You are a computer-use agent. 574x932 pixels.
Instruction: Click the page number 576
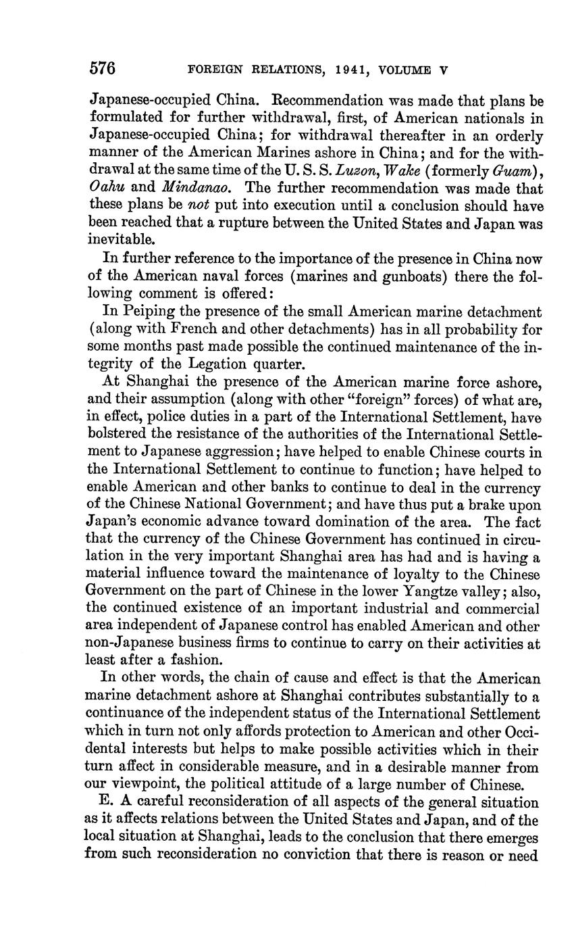(x=103, y=69)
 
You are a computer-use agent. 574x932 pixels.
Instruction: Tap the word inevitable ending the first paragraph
(x=122, y=241)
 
